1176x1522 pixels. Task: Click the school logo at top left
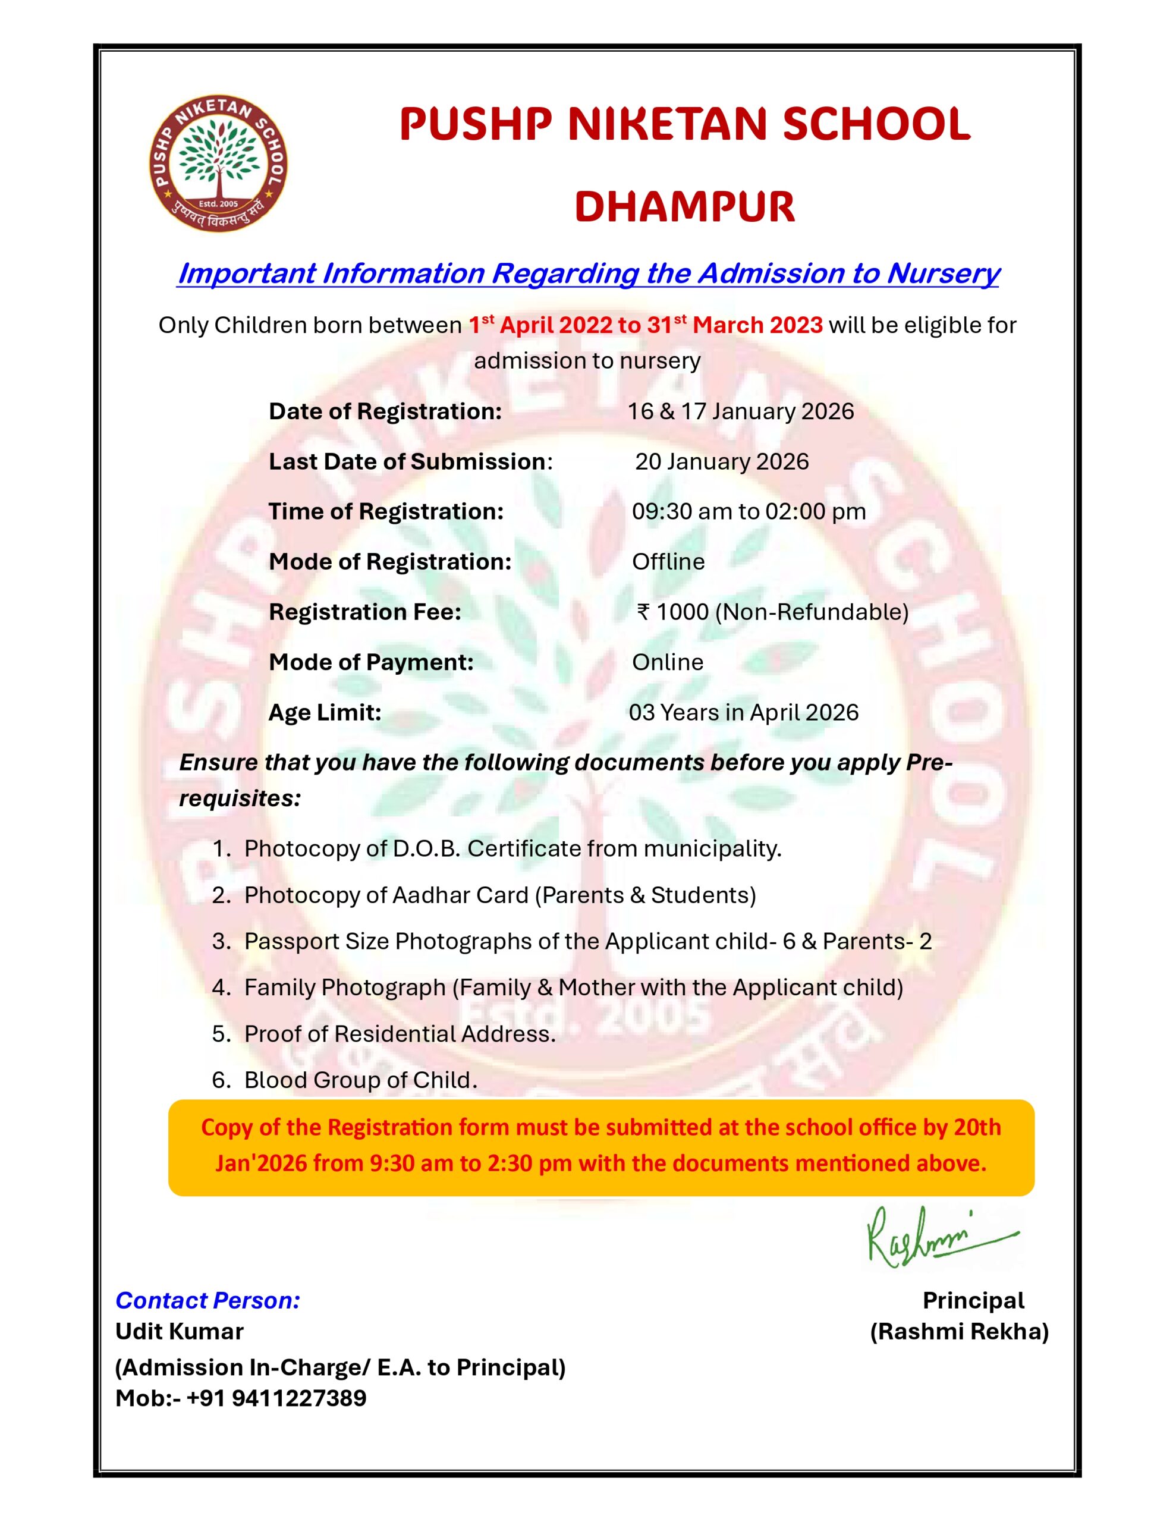pyautogui.click(x=218, y=163)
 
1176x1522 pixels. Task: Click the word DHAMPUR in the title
pyautogui.click(x=684, y=207)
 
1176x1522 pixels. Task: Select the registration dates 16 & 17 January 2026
pyautogui.click(x=740, y=411)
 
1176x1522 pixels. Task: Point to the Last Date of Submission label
pyautogui.click(x=407, y=461)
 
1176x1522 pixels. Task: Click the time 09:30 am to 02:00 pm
pyautogui.click(x=749, y=511)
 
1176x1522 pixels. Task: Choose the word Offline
pyautogui.click(x=668, y=562)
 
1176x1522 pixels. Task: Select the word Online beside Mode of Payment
pyautogui.click(x=667, y=662)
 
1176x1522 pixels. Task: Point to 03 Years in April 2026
pyautogui.click(x=743, y=712)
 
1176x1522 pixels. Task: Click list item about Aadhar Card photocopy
pyautogui.click(x=500, y=895)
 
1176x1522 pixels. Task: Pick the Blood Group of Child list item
pyautogui.click(x=360, y=1080)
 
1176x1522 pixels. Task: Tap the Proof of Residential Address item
pyautogui.click(x=400, y=1033)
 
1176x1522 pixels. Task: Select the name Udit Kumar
pyautogui.click(x=179, y=1331)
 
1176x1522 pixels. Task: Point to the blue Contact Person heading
pyautogui.click(x=207, y=1300)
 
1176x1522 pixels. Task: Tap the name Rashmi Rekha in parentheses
pyautogui.click(x=959, y=1331)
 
